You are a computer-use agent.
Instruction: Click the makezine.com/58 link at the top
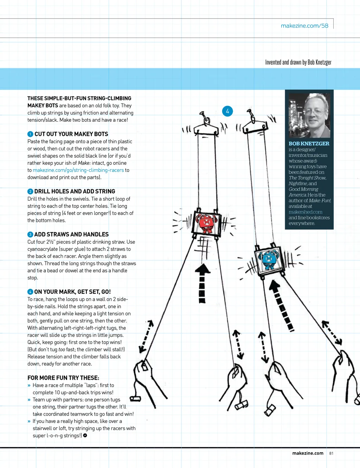point(304,26)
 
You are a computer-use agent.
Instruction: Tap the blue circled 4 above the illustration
point(227,111)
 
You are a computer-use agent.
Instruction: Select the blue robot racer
point(269,259)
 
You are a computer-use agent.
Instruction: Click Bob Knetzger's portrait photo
point(309,115)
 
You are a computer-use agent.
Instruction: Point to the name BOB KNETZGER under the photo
point(309,144)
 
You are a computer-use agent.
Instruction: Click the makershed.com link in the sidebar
point(305,212)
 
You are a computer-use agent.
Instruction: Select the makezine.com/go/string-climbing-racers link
point(78,170)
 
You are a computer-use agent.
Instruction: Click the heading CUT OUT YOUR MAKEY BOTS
point(71,134)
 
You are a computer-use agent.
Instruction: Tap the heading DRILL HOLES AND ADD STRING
point(75,191)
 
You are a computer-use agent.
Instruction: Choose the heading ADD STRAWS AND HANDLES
point(71,234)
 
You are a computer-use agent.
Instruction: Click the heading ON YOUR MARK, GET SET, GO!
point(72,292)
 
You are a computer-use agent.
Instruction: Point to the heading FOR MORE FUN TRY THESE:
point(63,378)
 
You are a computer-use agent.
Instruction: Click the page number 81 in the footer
point(331,453)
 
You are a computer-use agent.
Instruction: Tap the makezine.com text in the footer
point(308,453)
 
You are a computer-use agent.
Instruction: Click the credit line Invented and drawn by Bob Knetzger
point(298,62)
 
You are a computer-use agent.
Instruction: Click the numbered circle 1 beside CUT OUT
point(30,134)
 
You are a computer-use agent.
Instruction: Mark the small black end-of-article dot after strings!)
point(85,436)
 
